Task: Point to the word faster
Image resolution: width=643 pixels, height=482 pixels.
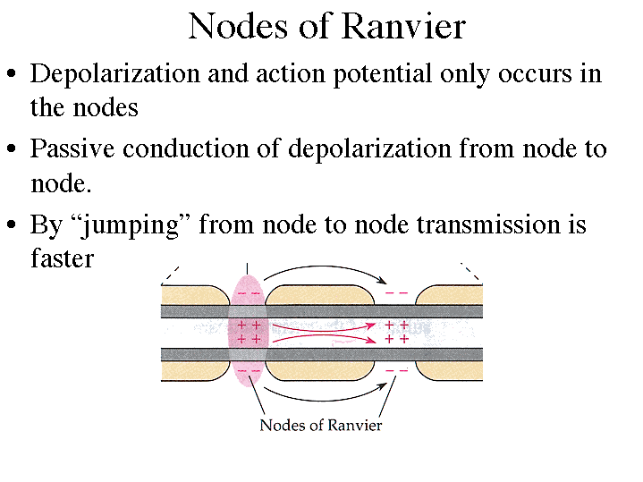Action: (x=62, y=258)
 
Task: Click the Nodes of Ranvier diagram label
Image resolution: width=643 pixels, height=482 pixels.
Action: (x=320, y=425)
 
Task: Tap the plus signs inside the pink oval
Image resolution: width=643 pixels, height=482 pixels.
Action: (x=249, y=333)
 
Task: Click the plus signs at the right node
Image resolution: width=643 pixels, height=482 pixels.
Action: (x=396, y=333)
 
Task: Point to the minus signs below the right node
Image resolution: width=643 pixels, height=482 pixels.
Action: (x=395, y=370)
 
